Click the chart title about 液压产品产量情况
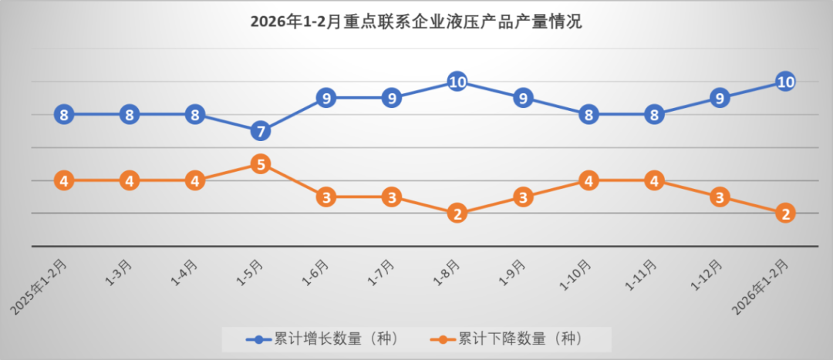(416, 22)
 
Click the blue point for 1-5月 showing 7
(261, 131)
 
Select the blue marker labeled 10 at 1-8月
(457, 82)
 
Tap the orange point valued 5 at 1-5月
(261, 164)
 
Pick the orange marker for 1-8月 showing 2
(457, 214)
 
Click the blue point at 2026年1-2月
(785, 82)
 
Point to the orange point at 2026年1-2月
(785, 214)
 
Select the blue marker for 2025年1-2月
(64, 115)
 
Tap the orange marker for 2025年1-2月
(64, 180)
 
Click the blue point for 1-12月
(720, 98)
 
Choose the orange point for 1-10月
(588, 180)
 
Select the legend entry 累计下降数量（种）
(505, 338)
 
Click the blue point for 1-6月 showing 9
(326, 98)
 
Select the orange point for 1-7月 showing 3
(392, 197)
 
